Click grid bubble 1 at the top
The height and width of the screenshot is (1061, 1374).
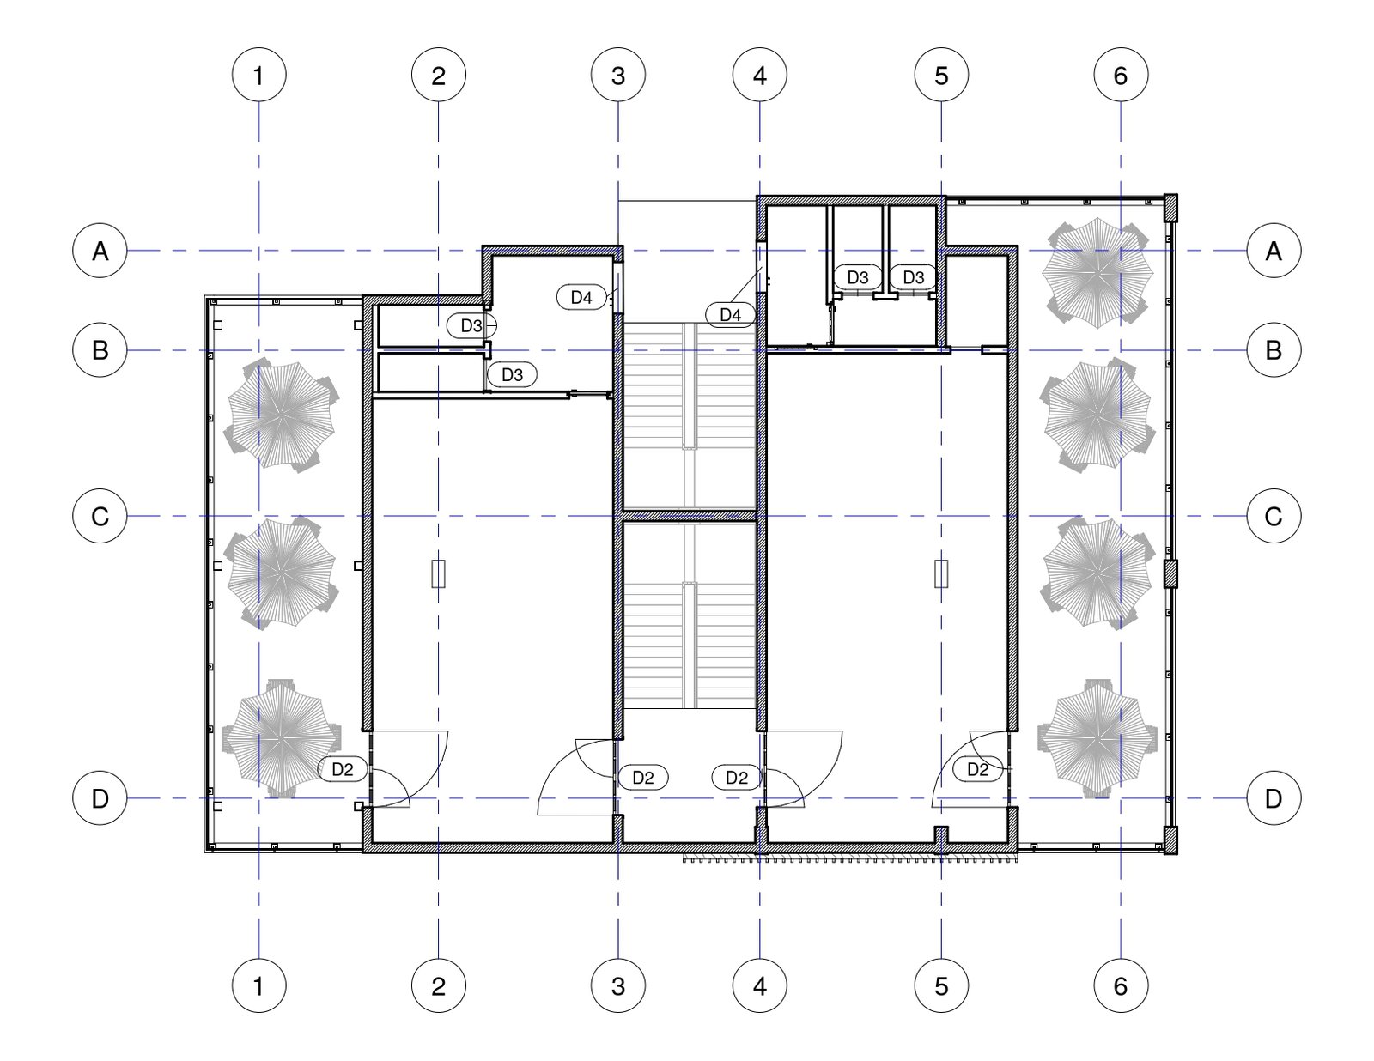(258, 75)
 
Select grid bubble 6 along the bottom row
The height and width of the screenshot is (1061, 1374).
(1121, 985)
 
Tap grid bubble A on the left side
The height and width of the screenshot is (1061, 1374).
(100, 251)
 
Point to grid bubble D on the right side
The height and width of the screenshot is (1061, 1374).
(1274, 798)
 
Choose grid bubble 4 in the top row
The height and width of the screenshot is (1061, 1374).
(759, 75)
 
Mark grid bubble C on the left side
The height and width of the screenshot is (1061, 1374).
(100, 516)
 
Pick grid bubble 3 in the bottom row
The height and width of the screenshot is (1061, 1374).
(617, 985)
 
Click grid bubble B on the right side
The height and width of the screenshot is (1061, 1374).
(1274, 350)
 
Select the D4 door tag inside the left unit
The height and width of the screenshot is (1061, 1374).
(581, 297)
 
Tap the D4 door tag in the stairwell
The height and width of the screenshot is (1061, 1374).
(730, 314)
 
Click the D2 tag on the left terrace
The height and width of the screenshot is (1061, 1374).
(342, 769)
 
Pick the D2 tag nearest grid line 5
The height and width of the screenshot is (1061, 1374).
(977, 769)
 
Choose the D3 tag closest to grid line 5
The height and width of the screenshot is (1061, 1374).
(913, 276)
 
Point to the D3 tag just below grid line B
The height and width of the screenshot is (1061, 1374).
(512, 375)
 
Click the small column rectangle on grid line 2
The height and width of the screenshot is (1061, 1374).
(438, 573)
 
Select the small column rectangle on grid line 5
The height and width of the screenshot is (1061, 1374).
(941, 573)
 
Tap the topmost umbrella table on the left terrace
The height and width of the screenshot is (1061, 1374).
(281, 413)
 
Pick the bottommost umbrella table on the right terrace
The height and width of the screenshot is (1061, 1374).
(1097, 737)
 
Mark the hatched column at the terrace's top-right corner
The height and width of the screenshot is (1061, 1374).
(1170, 207)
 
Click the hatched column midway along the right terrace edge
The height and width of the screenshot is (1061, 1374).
(1170, 573)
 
